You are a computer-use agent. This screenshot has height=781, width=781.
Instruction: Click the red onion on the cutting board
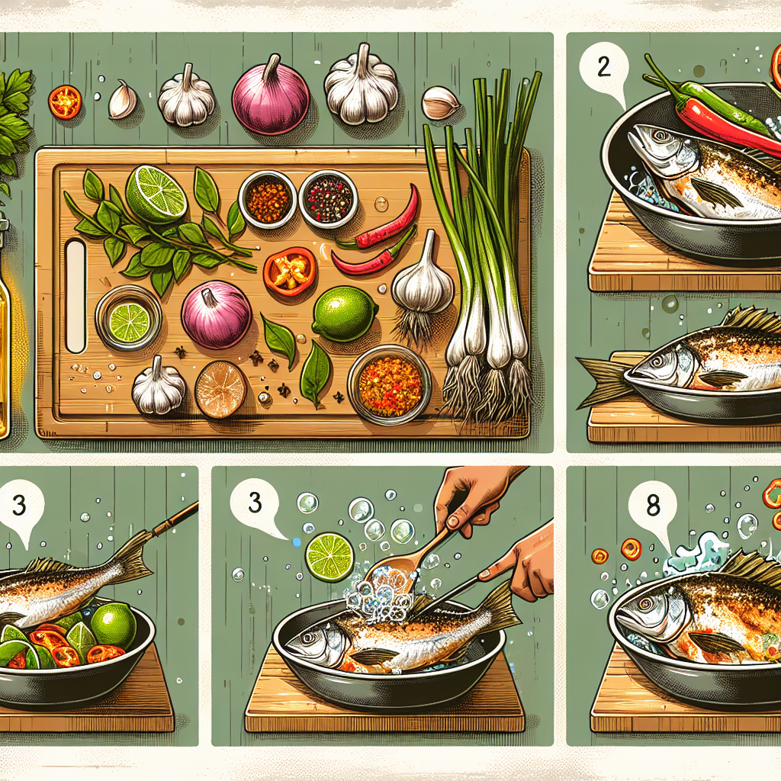pos(216,313)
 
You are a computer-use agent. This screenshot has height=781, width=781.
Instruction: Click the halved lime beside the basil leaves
pos(156,194)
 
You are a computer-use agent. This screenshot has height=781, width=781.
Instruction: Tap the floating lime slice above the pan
pos(329,558)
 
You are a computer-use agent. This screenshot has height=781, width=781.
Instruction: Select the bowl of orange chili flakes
pos(268,199)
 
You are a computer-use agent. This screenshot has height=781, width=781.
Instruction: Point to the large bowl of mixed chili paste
pos(390,384)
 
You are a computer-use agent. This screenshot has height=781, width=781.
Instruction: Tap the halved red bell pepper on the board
pos(290,271)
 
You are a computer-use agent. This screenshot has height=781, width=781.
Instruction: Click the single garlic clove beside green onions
pos(440,103)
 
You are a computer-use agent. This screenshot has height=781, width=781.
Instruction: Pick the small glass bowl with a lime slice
pos(129,318)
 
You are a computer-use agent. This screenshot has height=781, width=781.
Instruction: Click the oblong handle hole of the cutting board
pos(76,296)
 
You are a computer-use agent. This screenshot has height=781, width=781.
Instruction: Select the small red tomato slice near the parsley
pos(65,101)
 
